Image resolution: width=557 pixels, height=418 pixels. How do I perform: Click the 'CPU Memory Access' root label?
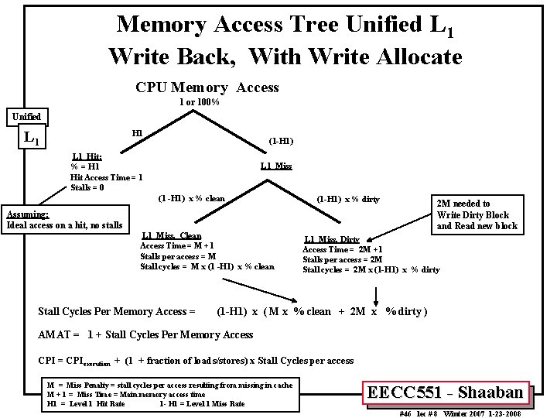click(207, 87)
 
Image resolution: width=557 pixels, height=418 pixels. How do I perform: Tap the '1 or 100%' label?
click(200, 102)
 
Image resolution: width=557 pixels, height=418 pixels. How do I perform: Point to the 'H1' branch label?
click(137, 132)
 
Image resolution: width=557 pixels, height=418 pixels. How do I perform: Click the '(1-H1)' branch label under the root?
click(280, 142)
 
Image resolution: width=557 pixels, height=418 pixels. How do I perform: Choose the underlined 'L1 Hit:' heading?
click(87, 156)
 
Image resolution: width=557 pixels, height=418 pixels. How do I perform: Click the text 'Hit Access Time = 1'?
click(106, 177)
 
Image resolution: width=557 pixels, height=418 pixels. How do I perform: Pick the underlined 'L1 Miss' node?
click(276, 166)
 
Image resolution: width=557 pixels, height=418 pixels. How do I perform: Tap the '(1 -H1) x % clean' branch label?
click(191, 198)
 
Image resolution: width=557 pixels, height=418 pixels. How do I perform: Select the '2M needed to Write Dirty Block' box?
click(477, 214)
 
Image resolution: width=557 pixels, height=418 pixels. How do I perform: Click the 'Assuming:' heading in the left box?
click(28, 214)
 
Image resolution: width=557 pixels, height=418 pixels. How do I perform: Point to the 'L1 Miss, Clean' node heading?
click(172, 235)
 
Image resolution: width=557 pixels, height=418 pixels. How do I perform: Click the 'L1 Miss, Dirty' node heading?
click(332, 240)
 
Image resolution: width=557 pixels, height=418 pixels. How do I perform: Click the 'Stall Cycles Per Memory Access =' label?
click(117, 312)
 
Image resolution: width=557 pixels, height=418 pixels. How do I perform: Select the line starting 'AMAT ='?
click(146, 334)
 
